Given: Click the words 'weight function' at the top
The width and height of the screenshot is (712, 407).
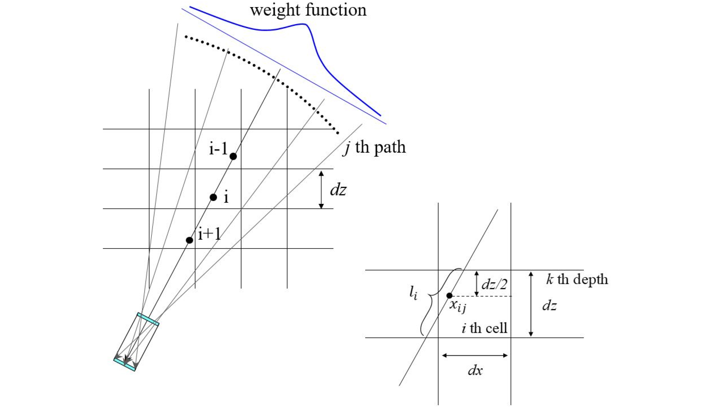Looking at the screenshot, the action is point(308,10).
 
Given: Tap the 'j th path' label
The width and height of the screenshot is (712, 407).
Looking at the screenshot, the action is point(374,147).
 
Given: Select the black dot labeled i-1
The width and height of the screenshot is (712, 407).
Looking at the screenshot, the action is point(233,156).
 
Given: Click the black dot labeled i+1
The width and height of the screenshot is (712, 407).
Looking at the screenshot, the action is point(189,240).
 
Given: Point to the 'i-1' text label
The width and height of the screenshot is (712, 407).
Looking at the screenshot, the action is point(218,148).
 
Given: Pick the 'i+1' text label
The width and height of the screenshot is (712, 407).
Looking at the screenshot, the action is point(209,234).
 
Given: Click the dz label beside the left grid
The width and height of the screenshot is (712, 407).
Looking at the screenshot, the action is point(338,190).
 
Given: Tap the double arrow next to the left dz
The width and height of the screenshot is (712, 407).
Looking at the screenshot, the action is point(321,190).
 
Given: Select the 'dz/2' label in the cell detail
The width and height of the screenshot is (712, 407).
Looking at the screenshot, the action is point(494,284).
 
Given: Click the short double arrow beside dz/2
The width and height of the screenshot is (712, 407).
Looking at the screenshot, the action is point(477,283).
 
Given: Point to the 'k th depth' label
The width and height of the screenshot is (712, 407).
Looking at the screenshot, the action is point(577,280).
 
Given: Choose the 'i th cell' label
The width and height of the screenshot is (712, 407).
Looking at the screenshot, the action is point(484,328).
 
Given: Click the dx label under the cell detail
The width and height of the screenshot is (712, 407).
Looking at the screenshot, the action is point(475,370).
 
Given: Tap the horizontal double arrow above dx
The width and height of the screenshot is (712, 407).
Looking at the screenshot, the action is point(475,355).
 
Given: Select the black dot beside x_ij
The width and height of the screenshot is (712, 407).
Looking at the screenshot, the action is point(449,295).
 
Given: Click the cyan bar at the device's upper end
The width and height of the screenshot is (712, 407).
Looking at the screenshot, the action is point(148,319).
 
